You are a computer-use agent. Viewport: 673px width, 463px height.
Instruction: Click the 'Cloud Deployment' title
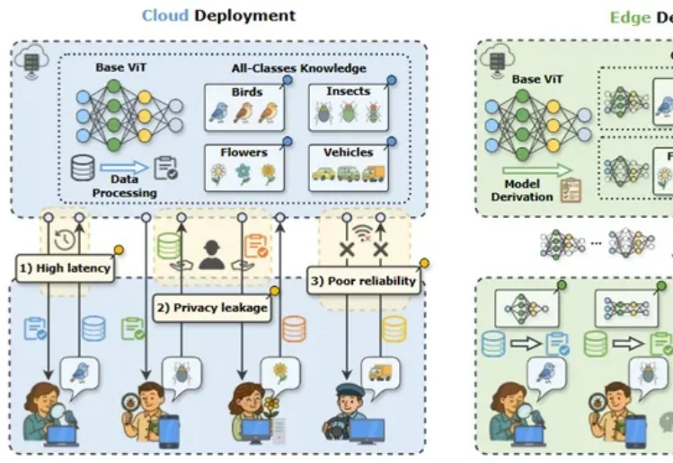(x=217, y=15)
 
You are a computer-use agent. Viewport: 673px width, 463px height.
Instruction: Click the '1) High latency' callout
(x=65, y=266)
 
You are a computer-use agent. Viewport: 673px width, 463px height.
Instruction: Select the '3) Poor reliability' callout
(x=362, y=280)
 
